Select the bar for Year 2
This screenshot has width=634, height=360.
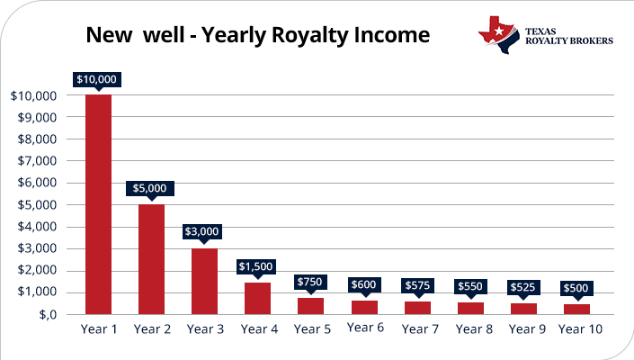152,259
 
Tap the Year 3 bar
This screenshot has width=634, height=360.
205,281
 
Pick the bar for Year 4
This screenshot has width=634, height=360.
258,298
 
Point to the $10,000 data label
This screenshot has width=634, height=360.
98,78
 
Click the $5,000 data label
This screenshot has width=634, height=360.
150,188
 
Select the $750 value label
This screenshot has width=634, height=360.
311,281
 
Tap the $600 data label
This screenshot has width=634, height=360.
364,283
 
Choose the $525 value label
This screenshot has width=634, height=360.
524,287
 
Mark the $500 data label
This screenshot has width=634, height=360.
577,289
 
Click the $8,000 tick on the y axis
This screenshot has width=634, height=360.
34,139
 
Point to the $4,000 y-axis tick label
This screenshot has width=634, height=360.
34,227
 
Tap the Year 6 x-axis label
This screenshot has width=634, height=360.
365,328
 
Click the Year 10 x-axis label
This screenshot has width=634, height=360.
580,328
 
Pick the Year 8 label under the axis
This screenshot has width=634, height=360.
474,328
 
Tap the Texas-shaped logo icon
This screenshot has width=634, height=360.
498,32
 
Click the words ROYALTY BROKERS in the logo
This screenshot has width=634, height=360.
571,40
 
